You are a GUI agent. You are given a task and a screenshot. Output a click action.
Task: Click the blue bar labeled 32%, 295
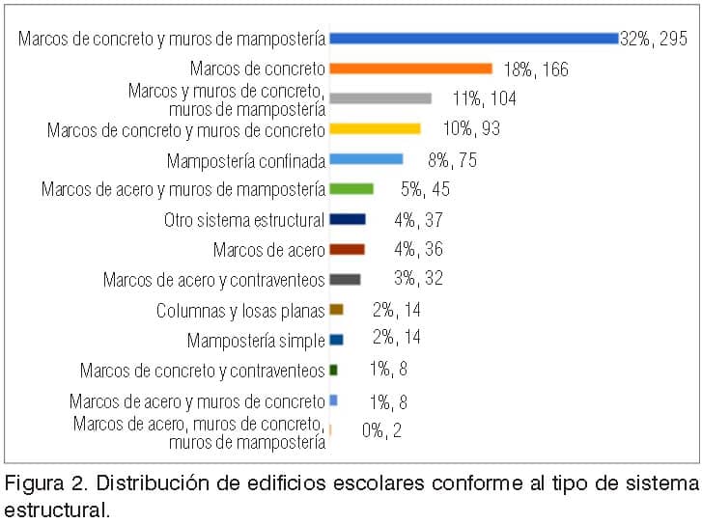coord(474,39)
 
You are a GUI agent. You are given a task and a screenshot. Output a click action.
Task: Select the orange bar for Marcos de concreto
coord(411,69)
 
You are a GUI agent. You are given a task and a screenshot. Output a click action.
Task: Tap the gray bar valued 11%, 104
coord(380,98)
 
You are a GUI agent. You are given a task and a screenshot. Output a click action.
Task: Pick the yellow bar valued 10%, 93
coord(376,129)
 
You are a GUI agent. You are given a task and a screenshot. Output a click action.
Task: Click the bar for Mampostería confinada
coord(366,159)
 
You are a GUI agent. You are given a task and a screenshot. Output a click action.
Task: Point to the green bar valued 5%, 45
coord(351,189)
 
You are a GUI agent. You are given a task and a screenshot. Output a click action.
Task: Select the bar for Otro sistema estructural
coord(348,219)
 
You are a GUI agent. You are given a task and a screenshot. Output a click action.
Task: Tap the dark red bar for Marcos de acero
coord(347,249)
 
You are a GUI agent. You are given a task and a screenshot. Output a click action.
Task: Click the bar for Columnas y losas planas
coord(337,309)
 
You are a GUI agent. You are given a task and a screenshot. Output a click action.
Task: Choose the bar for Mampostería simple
coord(337,340)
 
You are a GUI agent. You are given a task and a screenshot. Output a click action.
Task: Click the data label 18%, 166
coord(536,69)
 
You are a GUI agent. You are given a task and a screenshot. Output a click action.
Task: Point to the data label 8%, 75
coord(453,160)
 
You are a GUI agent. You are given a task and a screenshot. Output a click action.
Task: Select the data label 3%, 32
coord(419,278)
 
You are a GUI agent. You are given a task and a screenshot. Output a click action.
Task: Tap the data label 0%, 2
coord(381,430)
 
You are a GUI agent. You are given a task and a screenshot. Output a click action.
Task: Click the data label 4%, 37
coord(419,220)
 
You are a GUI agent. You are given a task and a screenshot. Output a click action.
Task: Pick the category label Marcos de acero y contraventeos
coord(214,280)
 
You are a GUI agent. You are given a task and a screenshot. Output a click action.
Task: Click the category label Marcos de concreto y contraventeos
coord(203,371)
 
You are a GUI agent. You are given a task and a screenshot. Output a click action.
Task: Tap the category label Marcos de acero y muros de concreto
coord(197,401)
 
